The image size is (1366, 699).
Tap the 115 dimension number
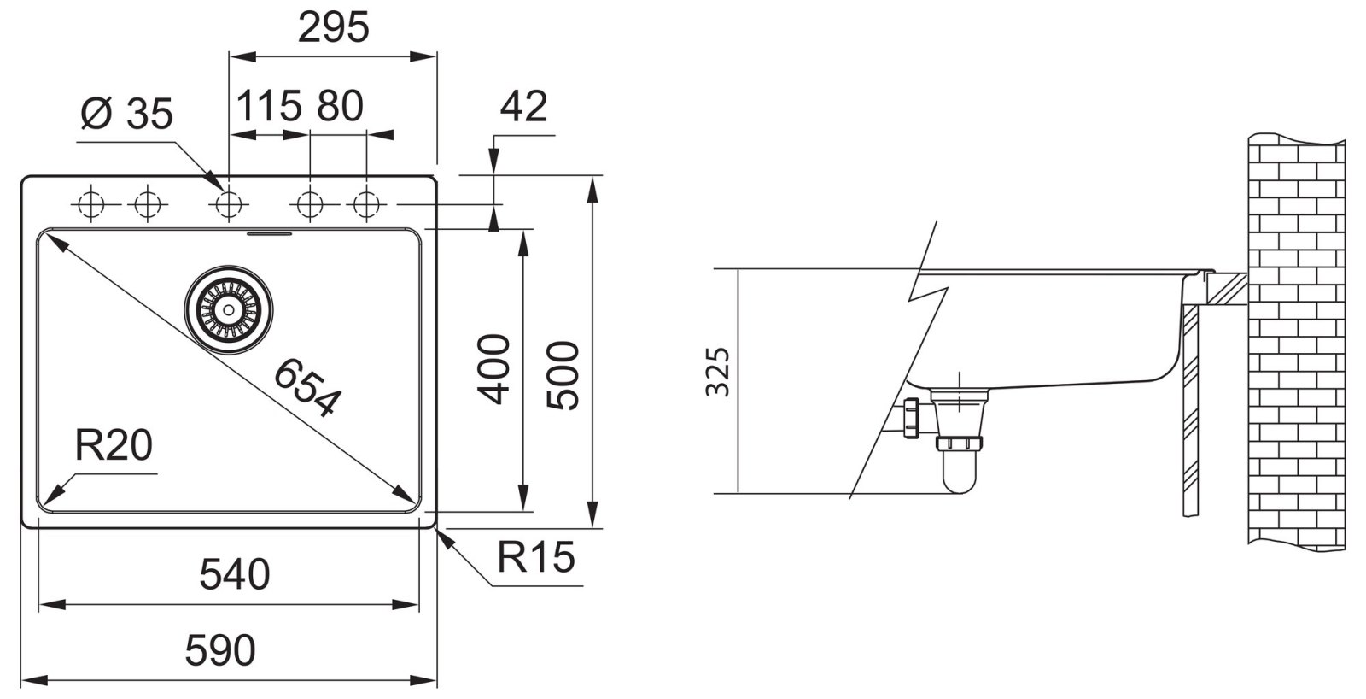(268, 107)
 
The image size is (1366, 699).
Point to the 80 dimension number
(340, 107)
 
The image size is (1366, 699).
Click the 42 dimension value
(523, 107)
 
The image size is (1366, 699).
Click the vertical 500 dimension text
(563, 375)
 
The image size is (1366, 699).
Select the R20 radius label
(114, 445)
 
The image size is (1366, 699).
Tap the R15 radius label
(536, 558)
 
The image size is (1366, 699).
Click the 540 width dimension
(235, 574)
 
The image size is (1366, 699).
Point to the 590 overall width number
(220, 651)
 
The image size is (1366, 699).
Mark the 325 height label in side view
(720, 372)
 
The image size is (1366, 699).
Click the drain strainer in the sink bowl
(230, 307)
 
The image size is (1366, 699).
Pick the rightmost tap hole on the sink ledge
(366, 205)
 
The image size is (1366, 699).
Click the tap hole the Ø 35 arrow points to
(229, 205)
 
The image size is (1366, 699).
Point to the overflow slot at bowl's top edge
(270, 232)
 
